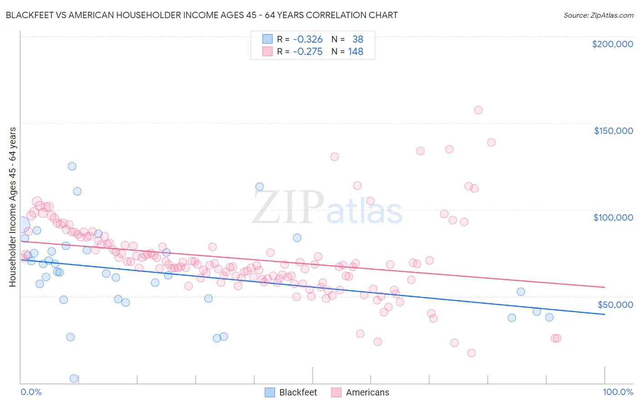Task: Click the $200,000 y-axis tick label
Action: (x=612, y=44)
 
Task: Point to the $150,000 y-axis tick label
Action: (x=613, y=131)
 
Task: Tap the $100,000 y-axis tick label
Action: (x=613, y=217)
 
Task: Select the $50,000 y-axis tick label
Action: (x=615, y=304)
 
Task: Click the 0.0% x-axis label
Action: (x=31, y=392)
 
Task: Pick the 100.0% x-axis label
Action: (x=618, y=392)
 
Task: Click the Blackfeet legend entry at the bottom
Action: (x=291, y=392)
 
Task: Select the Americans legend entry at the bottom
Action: (x=360, y=392)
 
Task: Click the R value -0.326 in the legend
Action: (x=307, y=40)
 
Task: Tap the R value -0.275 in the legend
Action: (x=307, y=52)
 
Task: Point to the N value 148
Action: (x=355, y=52)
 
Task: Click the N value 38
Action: (x=358, y=40)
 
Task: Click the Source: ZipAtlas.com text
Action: (x=598, y=15)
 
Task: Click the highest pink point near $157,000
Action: (x=478, y=110)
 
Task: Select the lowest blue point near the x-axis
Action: (x=74, y=378)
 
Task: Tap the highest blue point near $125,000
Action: (x=72, y=166)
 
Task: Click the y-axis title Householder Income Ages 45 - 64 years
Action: (x=13, y=207)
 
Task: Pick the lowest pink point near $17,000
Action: (x=471, y=353)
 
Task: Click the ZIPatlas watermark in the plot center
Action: (x=327, y=208)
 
